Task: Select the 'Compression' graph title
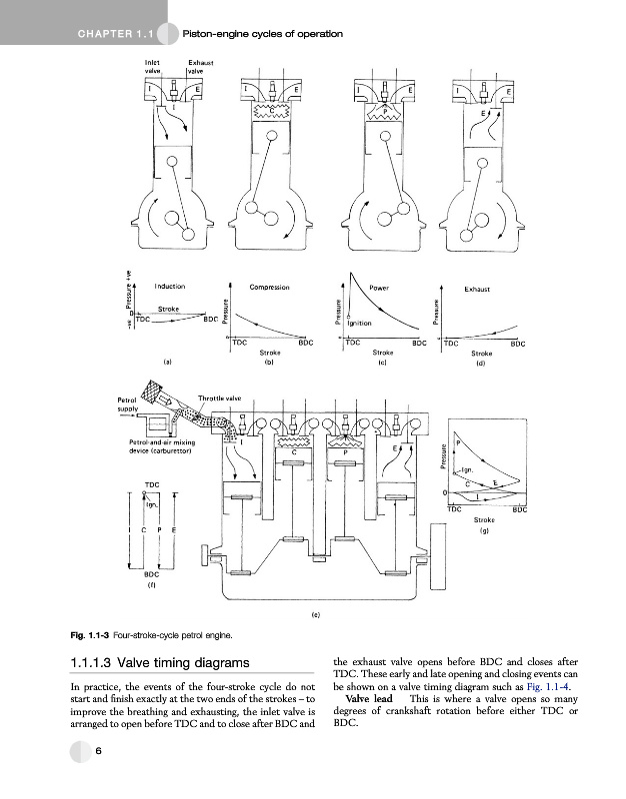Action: pyautogui.click(x=269, y=288)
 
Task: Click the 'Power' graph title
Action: pyautogui.click(x=379, y=287)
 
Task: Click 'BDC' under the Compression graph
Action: pyautogui.click(x=307, y=343)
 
